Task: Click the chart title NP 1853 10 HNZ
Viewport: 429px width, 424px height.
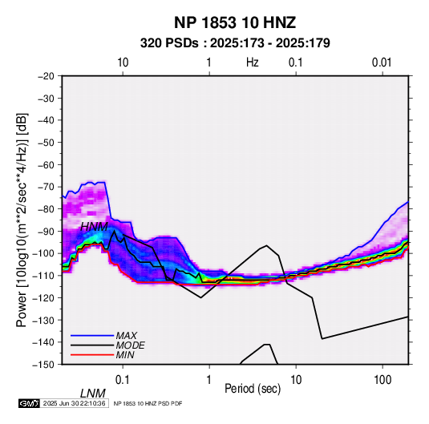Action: (235, 22)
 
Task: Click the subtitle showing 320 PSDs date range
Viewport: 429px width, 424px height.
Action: (235, 43)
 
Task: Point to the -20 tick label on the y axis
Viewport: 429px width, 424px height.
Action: (46, 76)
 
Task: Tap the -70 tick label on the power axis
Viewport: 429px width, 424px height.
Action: (46, 187)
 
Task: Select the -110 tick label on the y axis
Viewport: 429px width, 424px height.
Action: (44, 276)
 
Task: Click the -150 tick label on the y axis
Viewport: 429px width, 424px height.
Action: (44, 365)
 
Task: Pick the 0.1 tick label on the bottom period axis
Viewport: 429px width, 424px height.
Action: (123, 379)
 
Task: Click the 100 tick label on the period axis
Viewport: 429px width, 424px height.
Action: (382, 379)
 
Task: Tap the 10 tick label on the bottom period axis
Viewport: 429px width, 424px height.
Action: (296, 379)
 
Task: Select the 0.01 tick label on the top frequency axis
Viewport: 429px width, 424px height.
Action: (382, 63)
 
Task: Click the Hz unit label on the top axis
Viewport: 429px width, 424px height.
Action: (253, 63)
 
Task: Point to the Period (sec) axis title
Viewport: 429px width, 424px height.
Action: (253, 389)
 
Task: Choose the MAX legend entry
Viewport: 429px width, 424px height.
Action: (127, 335)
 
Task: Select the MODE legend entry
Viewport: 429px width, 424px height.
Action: (130, 345)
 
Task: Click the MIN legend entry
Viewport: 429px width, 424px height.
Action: (125, 355)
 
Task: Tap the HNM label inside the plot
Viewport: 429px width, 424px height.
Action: (94, 227)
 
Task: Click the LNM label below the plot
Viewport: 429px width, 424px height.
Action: (93, 394)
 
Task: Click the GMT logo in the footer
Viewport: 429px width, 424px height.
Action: (29, 403)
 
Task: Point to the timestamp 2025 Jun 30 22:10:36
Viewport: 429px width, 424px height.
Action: (74, 403)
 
